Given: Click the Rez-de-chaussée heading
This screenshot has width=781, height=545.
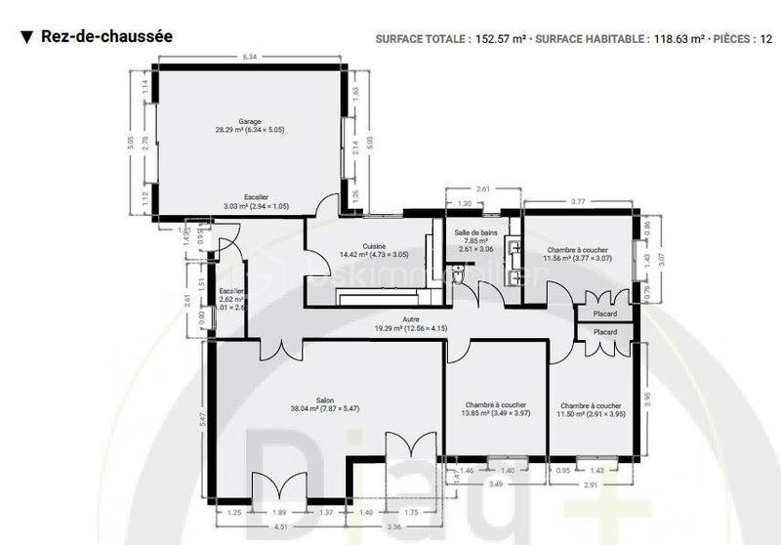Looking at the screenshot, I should click(x=106, y=36).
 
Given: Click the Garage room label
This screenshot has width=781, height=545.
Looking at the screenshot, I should click(x=249, y=124).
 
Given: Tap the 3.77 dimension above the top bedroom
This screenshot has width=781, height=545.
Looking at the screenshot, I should click(x=578, y=201).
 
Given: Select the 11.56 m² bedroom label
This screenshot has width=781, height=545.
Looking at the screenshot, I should click(x=577, y=255).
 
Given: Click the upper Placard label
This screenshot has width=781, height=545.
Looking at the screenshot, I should click(x=604, y=314).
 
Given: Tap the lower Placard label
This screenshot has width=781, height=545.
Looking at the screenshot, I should click(x=604, y=332).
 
